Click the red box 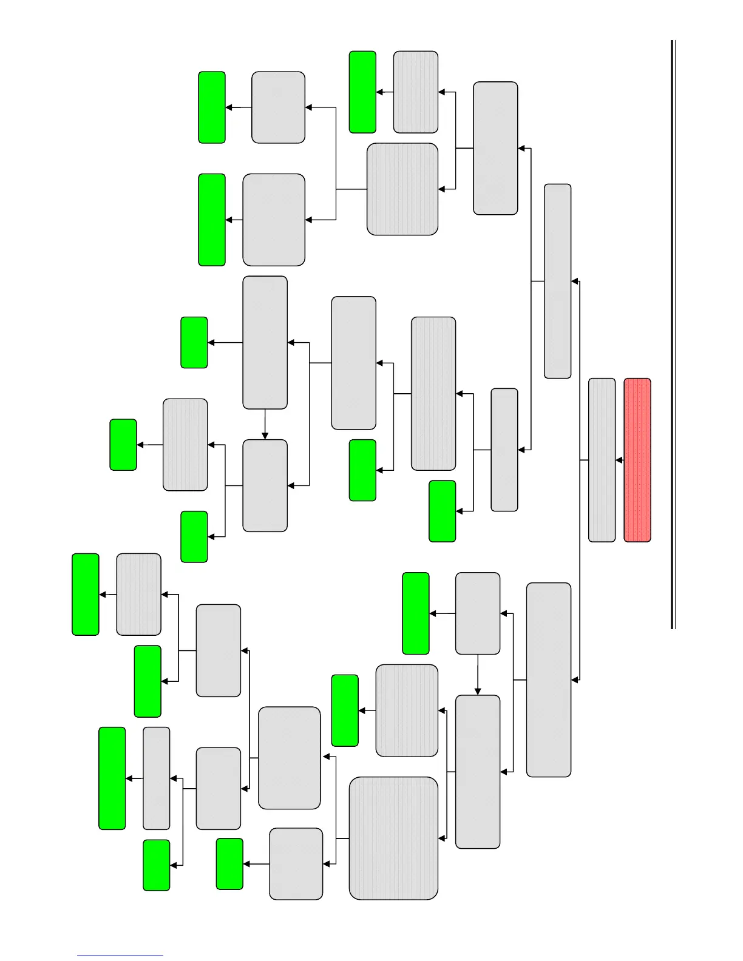637,460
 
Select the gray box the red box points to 602,460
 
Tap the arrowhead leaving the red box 619,460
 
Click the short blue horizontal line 120,956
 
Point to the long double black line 673,334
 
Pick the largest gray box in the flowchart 393,838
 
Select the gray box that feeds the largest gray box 478,772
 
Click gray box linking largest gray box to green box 296,863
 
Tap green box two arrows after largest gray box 229,863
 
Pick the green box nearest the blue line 156,865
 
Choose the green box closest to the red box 443,511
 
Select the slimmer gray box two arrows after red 557,281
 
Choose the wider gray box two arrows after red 549,679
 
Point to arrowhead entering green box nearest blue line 174,865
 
